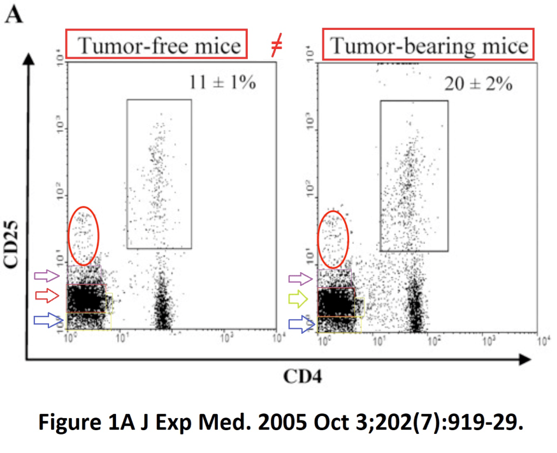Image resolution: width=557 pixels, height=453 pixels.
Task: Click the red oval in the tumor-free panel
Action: [83, 236]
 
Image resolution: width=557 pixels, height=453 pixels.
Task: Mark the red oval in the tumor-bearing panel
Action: [333, 238]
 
